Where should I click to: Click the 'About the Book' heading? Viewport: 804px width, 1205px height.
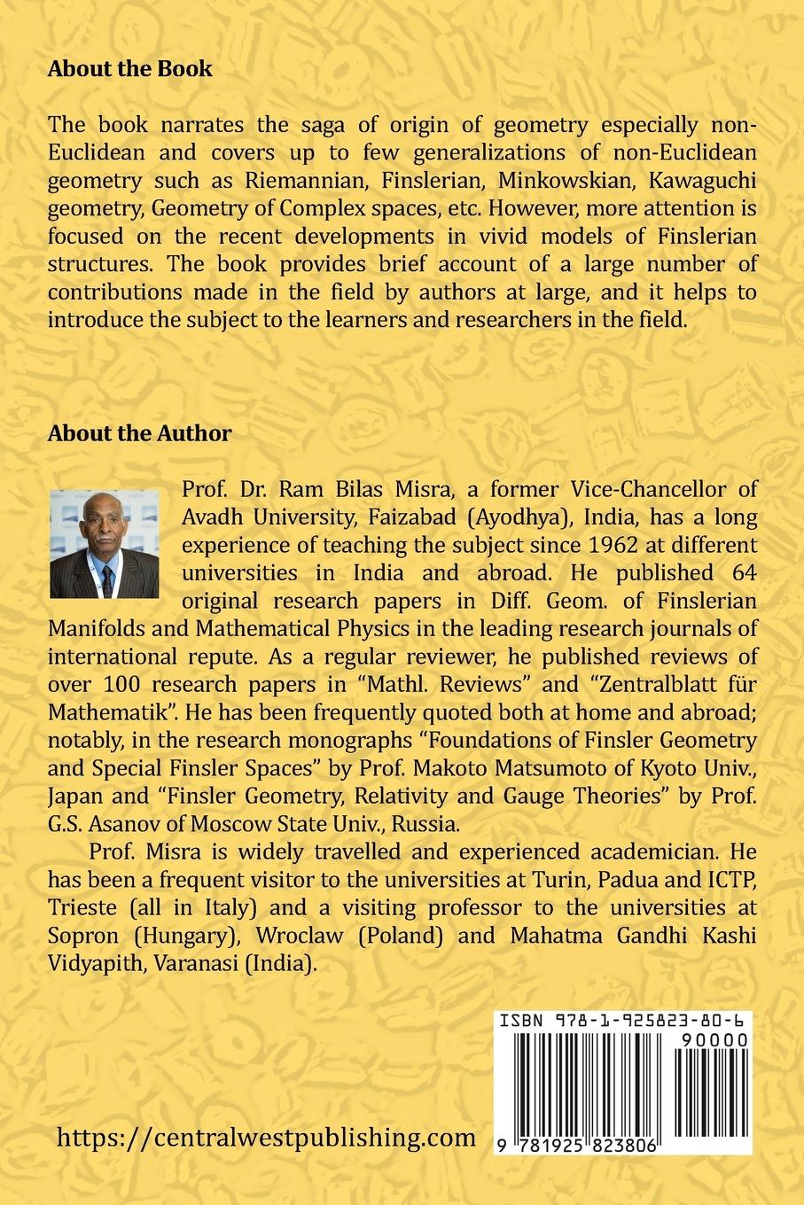coord(129,68)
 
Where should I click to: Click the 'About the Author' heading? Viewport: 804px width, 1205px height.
coord(139,433)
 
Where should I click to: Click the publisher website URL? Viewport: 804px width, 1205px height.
coord(266,1138)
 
